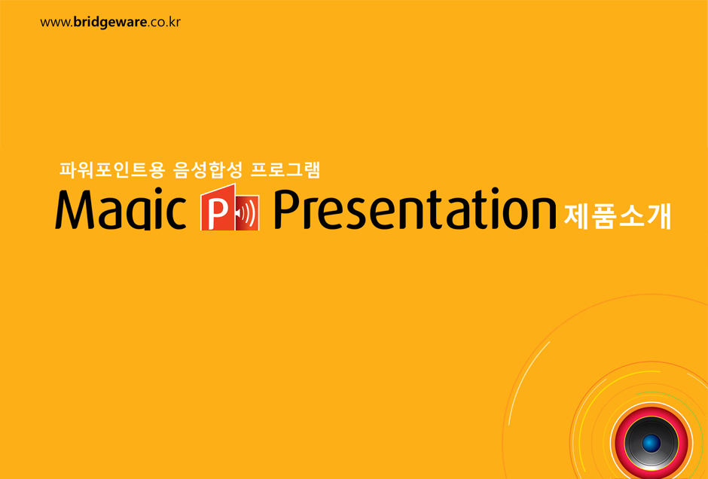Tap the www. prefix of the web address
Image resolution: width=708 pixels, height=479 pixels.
[x=56, y=23]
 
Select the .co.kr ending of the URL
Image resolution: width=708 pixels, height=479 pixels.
[x=163, y=22]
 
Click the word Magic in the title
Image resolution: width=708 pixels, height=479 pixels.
[x=120, y=212]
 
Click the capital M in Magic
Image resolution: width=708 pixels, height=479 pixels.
[x=73, y=211]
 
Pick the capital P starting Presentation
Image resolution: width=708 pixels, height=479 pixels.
[x=288, y=210]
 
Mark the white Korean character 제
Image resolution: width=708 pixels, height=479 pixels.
[x=577, y=217]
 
